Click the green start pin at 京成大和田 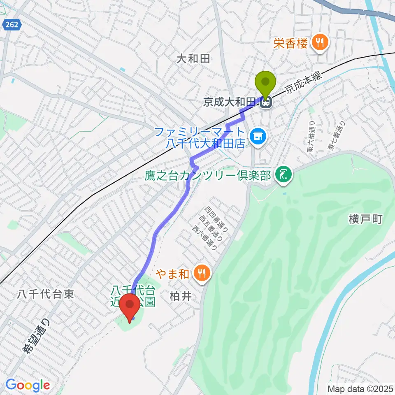265,83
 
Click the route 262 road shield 12,25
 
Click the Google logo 28,385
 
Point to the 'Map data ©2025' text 360,388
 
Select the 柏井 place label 181,297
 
